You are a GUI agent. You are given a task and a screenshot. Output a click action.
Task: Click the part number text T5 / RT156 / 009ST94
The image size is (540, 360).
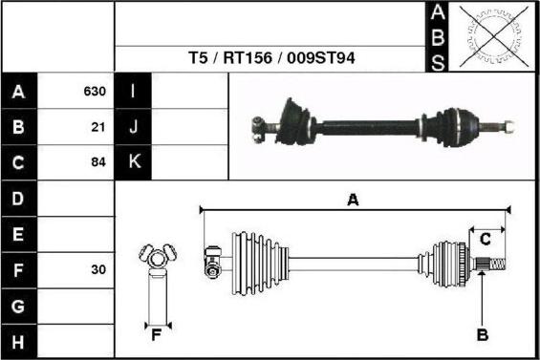pyautogui.click(x=271, y=58)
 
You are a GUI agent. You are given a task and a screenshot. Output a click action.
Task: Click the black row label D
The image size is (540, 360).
pyautogui.click(x=18, y=199)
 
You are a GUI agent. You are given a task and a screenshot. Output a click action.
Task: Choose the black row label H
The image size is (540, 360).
pyautogui.click(x=18, y=341)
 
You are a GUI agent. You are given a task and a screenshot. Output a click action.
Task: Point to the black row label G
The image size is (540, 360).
pyautogui.click(x=18, y=306)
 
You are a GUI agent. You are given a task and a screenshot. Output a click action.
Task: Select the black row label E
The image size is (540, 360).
pyautogui.click(x=18, y=234)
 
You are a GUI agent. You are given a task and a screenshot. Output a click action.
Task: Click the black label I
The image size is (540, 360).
pyautogui.click(x=133, y=93)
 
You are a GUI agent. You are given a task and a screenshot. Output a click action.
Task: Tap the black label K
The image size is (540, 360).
pyautogui.click(x=133, y=162)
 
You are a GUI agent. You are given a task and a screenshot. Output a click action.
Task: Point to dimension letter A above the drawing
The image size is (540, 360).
pyautogui.click(x=353, y=200)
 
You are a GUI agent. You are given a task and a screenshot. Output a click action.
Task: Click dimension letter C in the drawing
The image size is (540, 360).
pyautogui.click(x=486, y=238)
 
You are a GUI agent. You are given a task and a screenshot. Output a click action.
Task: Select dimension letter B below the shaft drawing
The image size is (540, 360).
pyautogui.click(x=483, y=334)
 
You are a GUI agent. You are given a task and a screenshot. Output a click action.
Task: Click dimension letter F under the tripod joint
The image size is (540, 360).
pyautogui.click(x=155, y=334)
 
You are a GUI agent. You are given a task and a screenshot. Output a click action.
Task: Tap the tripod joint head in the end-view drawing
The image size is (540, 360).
pyautogui.click(x=156, y=258)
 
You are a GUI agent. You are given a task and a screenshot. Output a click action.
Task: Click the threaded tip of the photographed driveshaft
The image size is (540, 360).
pyautogui.click(x=506, y=124)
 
